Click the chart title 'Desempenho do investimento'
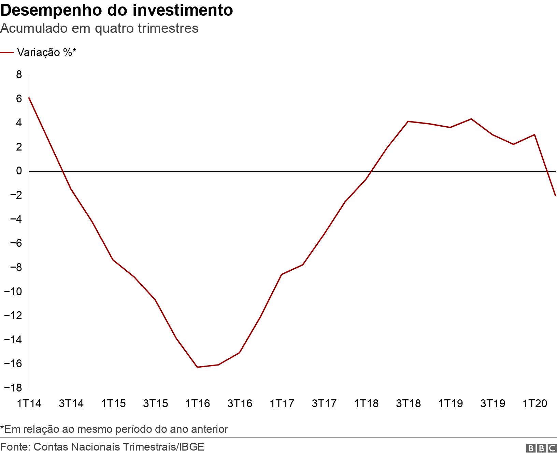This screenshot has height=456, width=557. click(117, 11)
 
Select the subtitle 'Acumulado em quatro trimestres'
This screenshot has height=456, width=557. click(99, 28)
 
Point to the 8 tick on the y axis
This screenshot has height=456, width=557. click(19, 74)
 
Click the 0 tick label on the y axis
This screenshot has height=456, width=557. click(19, 171)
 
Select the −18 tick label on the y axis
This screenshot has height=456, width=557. click(13, 388)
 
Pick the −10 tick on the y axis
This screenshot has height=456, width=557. click(13, 291)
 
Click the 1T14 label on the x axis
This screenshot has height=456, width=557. click(29, 403)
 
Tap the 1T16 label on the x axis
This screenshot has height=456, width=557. click(198, 403)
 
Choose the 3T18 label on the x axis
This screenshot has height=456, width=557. click(408, 403)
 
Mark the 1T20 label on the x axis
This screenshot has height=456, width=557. click(534, 403)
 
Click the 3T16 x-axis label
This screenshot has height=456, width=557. click(240, 403)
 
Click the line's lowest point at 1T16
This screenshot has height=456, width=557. click(198, 367)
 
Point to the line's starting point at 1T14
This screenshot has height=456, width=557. click(29, 98)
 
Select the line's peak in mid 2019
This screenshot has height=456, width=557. click(471, 119)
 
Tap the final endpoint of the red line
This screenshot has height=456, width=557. click(556, 196)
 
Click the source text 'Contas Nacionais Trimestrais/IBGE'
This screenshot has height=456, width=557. click(119, 446)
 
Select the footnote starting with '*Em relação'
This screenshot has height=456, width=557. click(114, 429)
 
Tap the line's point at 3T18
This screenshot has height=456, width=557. click(408, 121)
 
